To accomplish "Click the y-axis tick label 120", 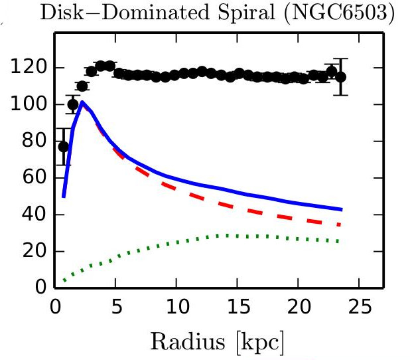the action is [29, 67].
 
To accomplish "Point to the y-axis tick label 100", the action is [29, 104].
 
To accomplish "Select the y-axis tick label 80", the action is [34, 140].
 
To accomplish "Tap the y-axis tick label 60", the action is [34, 177].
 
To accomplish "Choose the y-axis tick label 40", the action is [34, 214].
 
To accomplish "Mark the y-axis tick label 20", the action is [34, 250].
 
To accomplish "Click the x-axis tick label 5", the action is [117, 307].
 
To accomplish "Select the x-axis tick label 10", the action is [178, 307].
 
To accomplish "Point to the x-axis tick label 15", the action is [239, 307].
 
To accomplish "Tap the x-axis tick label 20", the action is [299, 307].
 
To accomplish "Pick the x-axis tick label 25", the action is [360, 307].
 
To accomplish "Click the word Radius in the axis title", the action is [188, 341].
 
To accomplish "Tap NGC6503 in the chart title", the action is [339, 13].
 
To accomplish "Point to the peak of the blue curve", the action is [82, 102].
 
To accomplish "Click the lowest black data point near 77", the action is [63, 147].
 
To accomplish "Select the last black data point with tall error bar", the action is [341, 77].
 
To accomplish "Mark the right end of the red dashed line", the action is [340, 225].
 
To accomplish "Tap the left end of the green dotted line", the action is [64, 280].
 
